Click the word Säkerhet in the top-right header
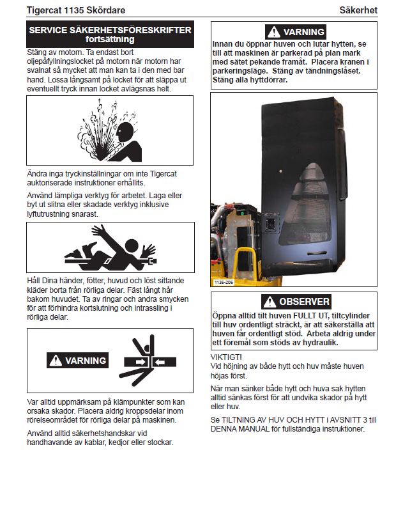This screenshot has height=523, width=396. tap(359, 10)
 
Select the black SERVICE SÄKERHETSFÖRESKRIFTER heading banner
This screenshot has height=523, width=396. tap(110, 34)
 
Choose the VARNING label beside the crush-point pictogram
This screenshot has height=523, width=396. tap(77, 361)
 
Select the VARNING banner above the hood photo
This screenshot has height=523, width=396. tap(295, 31)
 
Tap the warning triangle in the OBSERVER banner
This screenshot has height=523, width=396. tap(270, 302)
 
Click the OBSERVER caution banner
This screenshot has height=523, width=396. tap(295, 302)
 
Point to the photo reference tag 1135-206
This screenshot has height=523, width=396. tap(223, 281)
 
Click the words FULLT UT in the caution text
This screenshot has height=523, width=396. tap(319, 315)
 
